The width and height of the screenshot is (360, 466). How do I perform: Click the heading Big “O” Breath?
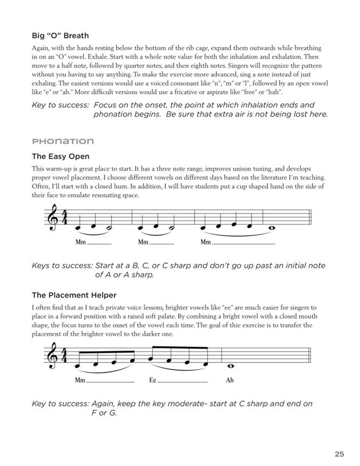[x=62, y=37]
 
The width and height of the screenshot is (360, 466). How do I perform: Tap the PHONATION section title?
[x=63, y=141]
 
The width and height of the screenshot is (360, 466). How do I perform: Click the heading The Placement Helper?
[x=74, y=295]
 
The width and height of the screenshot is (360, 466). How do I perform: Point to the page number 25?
[x=339, y=438]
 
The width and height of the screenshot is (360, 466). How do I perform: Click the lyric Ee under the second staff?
[x=153, y=380]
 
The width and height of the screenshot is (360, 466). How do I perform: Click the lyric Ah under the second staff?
[x=229, y=380]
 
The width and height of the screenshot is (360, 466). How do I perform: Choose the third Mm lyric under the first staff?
[x=205, y=242]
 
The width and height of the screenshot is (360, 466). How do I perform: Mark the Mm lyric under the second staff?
[x=80, y=380]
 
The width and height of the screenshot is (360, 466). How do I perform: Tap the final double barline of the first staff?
[x=309, y=221]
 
